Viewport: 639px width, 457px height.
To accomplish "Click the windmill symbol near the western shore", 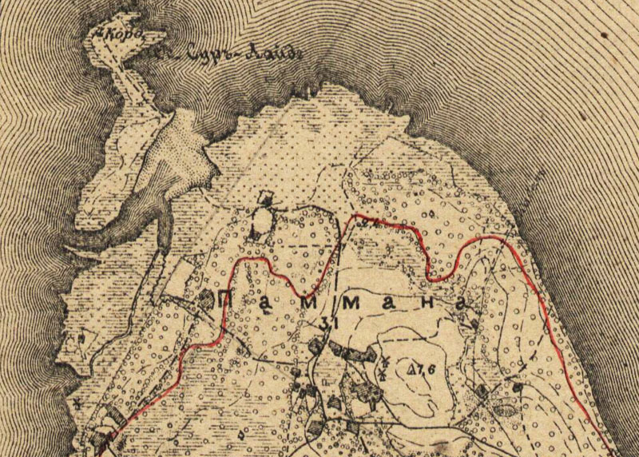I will pos(80,338).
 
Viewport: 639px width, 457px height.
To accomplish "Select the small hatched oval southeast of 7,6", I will pos(505,410).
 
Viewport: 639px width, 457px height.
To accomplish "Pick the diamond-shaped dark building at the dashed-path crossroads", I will pos(481,391).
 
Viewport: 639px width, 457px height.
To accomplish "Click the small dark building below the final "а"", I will pos(474,324).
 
